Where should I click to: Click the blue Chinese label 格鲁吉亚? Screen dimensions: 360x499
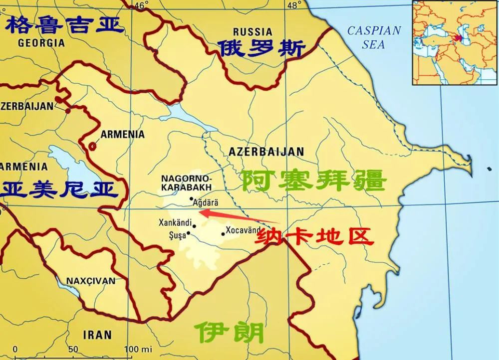tap(63, 23)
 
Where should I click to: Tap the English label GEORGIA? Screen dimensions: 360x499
tap(41, 43)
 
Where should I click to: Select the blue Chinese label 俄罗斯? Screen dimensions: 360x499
tap(261, 49)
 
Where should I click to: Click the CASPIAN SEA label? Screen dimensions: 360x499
tap(374, 37)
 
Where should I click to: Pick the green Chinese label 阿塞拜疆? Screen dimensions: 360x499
tap(314, 180)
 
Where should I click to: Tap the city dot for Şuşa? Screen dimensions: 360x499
tap(189, 233)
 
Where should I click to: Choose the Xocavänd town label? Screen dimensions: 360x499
tap(244, 230)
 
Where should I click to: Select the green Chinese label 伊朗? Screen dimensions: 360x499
tap(230, 331)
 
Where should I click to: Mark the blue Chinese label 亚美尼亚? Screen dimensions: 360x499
tap(60, 189)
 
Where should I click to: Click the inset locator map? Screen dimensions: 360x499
tap(455, 42)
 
